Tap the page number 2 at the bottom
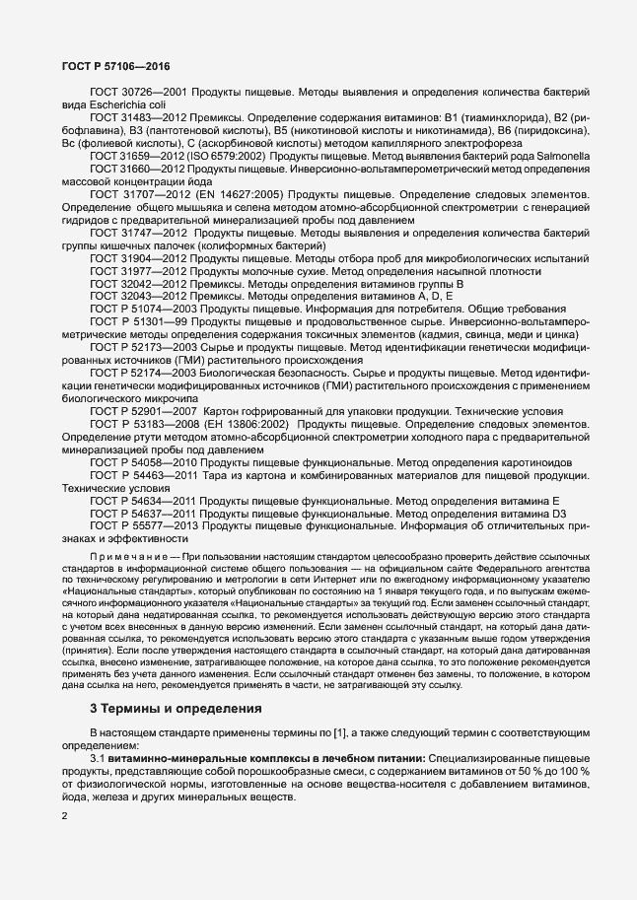(64, 815)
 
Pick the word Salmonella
(562, 156)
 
